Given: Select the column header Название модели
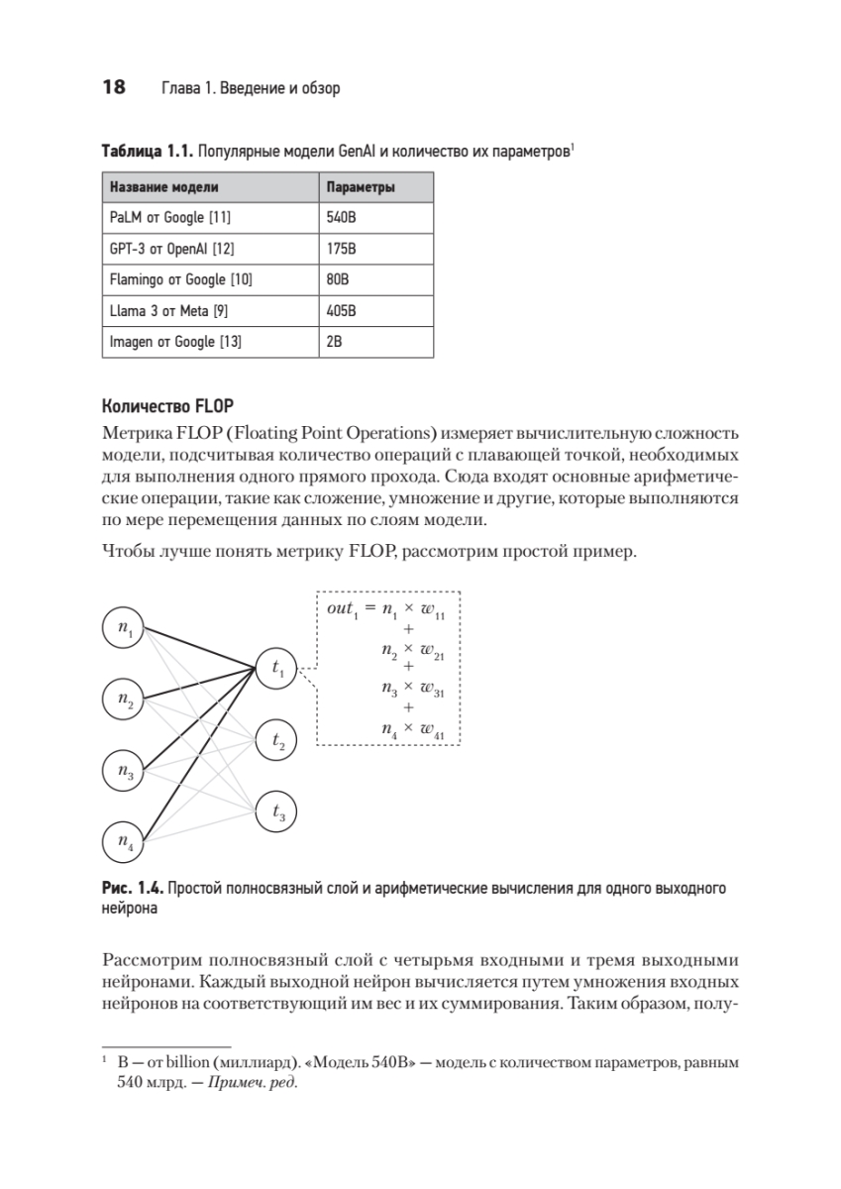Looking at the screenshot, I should click(163, 186).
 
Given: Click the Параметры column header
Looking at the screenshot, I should click(362, 186).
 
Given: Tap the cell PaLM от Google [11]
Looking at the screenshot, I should click(170, 217).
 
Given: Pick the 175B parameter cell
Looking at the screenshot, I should click(341, 249).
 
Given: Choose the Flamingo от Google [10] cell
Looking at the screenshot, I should click(180, 279).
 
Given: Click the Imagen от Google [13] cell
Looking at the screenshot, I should click(175, 342).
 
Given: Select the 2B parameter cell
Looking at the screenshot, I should click(335, 342).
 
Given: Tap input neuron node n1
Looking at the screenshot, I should click(125, 628).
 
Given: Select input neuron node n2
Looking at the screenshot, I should click(125, 700).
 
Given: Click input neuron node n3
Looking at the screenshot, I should click(125, 772).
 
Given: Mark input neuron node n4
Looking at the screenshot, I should click(125, 842).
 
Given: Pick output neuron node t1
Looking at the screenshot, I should click(276, 670).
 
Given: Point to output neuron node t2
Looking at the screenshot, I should click(276, 741).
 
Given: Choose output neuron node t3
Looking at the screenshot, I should click(276, 812).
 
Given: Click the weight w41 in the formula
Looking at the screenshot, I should click(432, 730).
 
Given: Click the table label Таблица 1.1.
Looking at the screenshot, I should click(146, 153).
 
